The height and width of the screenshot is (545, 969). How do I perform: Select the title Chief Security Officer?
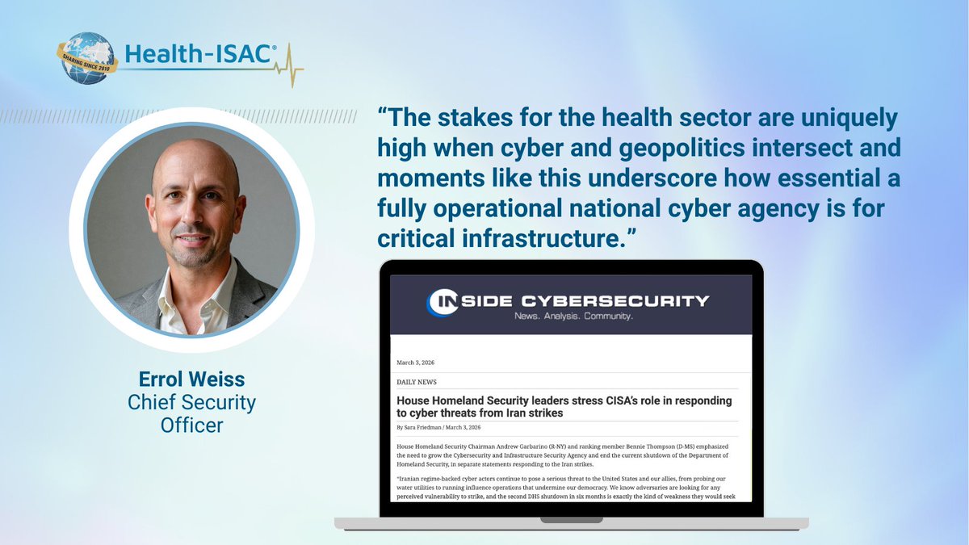tap(191, 412)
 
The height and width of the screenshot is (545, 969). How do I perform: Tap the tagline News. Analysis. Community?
tap(573, 317)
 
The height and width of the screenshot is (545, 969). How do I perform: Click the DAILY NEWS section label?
tap(417, 382)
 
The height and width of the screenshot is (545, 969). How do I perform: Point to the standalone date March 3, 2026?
tap(416, 363)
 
